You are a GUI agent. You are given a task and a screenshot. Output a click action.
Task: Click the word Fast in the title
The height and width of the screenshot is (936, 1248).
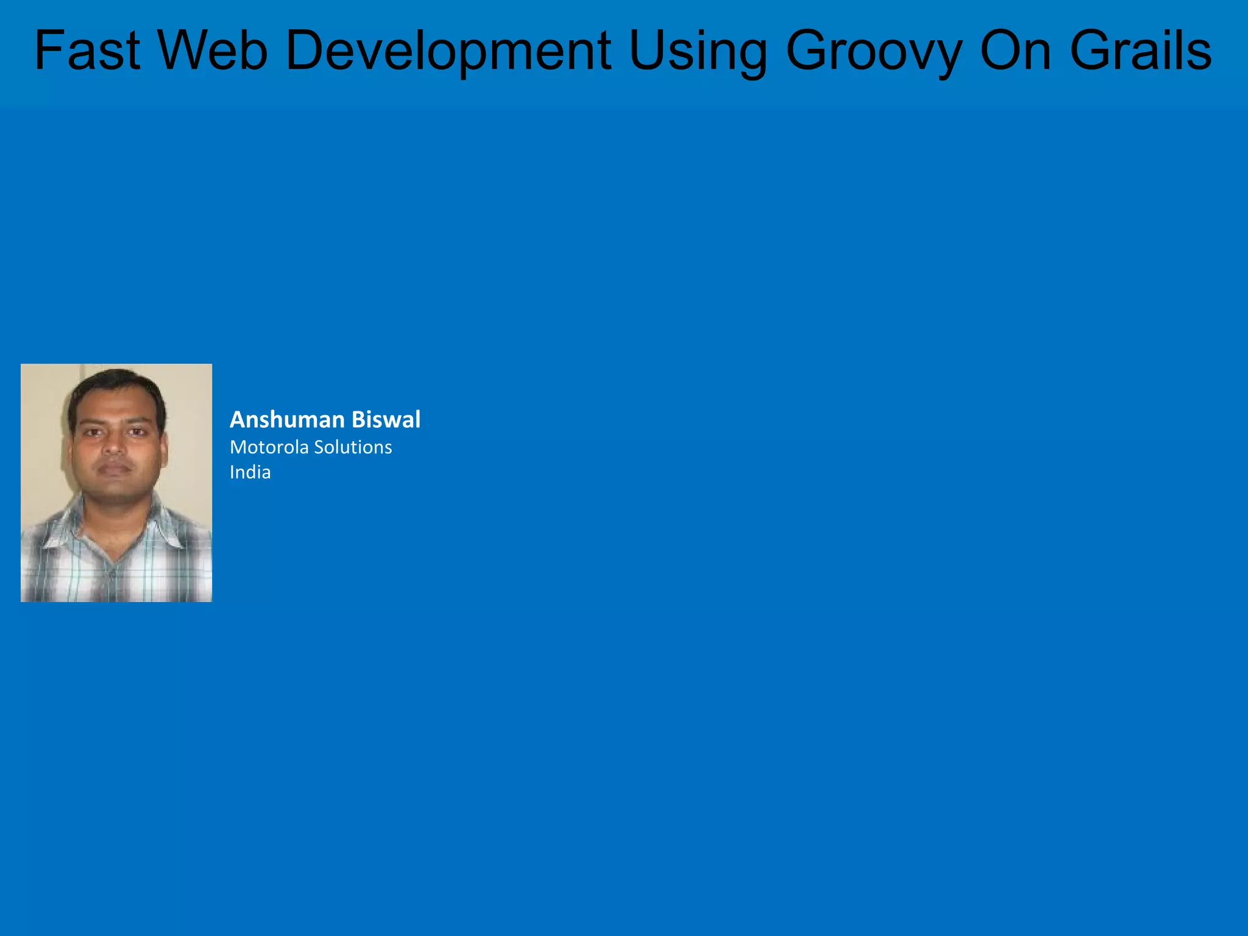click(87, 51)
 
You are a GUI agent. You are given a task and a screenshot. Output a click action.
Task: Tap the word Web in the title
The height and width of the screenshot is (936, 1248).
click(213, 51)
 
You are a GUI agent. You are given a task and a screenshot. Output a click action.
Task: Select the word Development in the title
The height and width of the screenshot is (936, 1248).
click(448, 51)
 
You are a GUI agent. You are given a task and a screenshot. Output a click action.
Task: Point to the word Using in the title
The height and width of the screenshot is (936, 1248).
click(698, 51)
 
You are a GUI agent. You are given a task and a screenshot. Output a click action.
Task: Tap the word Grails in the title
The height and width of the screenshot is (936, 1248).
click(1141, 51)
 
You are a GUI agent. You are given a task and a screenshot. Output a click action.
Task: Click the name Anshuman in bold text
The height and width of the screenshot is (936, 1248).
click(287, 420)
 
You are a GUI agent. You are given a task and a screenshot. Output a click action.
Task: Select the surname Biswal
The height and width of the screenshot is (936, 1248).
click(386, 420)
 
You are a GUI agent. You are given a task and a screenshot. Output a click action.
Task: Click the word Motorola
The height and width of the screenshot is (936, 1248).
click(269, 447)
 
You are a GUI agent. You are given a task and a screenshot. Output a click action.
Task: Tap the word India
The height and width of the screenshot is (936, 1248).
click(250, 472)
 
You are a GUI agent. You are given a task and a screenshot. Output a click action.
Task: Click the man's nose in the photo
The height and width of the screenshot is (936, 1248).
click(114, 448)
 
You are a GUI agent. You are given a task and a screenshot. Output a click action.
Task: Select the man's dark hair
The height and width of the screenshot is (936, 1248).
click(116, 384)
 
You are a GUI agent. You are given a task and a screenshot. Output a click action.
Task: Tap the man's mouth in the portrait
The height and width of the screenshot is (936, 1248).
click(115, 468)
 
